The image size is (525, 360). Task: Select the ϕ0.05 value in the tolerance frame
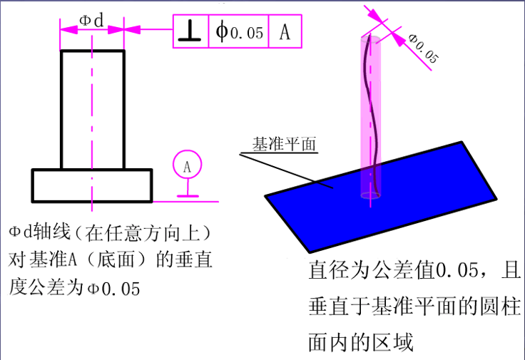239,31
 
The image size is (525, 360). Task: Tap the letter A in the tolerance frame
285,32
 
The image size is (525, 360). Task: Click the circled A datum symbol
187,164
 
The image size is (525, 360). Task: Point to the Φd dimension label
91,20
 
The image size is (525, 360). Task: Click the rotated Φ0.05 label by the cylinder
423,48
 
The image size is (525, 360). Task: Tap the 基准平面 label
284,144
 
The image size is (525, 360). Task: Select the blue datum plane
380,197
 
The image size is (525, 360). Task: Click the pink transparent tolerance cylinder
370,117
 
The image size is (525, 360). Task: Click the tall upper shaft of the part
93,110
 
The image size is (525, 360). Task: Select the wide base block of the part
92,185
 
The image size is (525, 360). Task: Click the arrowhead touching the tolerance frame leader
132,29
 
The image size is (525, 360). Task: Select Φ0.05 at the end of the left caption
113,289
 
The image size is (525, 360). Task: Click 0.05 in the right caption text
457,269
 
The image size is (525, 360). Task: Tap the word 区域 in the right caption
394,342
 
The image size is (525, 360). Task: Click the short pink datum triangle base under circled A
188,196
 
